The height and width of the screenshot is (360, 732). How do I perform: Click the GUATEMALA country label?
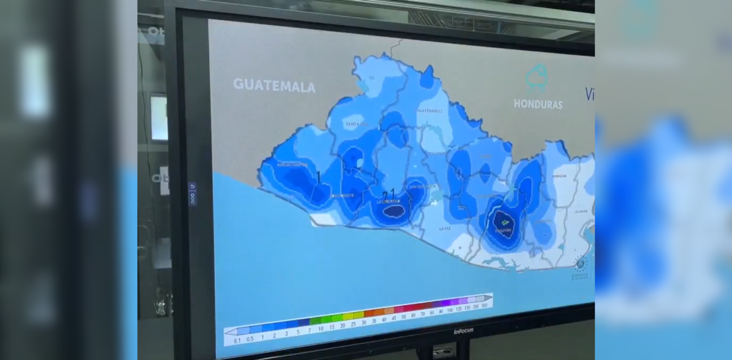coord(274,85)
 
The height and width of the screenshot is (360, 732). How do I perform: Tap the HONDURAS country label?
coord(537,104)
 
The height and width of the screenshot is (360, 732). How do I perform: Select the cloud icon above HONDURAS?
coord(537,77)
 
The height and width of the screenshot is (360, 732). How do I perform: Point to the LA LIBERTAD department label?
coord(389,201)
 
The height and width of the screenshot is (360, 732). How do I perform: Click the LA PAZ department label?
coord(445,228)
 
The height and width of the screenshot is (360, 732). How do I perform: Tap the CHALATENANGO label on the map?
coord(429,110)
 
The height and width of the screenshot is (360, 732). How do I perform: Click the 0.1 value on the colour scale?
coord(237,340)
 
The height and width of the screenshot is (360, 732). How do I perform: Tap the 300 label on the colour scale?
coord(484,306)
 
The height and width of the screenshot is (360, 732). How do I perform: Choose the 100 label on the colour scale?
coord(450,310)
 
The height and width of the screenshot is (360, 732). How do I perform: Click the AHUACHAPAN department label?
coord(289,164)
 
